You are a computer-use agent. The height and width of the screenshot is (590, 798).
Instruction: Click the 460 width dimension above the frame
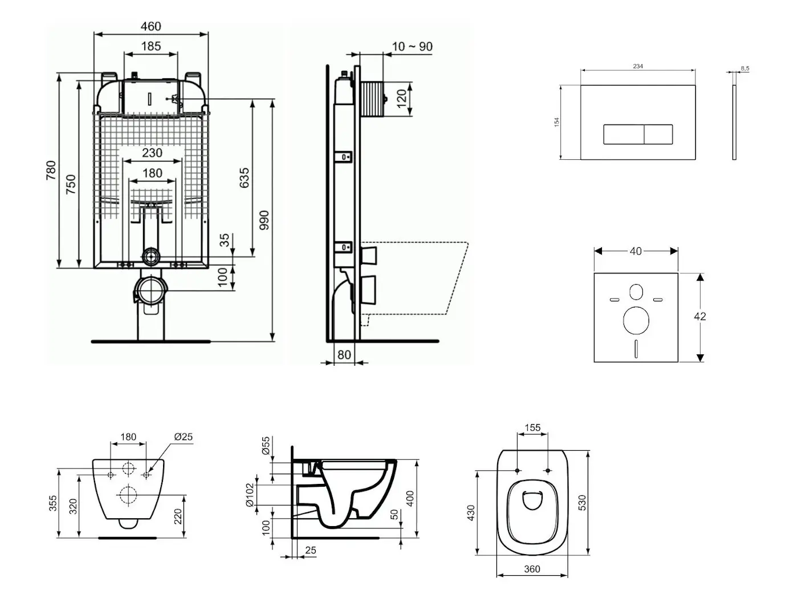pos(151,26)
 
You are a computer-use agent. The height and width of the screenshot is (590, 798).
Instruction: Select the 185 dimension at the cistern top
pos(151,46)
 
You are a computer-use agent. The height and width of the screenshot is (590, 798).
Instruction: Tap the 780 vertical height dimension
pos(51,171)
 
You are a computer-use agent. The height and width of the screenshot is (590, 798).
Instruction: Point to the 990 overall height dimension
pos(264,220)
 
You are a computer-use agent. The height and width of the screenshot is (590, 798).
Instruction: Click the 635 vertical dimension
pos(245,178)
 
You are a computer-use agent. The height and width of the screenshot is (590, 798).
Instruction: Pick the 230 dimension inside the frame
pos(152,153)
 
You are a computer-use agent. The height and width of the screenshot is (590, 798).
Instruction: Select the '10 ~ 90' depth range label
pos(413,47)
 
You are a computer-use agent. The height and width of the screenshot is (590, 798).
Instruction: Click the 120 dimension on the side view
pos(402,98)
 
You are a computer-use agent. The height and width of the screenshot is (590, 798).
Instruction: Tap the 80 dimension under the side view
pos(344,355)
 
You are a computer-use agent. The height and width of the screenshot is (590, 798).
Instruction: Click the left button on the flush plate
pos(624,134)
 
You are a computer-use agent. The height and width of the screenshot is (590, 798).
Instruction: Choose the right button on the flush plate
pos(658,134)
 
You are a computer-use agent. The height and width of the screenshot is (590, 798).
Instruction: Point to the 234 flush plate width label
pos(638,66)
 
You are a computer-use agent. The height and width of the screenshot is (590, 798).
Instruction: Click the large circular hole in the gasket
pos(636,320)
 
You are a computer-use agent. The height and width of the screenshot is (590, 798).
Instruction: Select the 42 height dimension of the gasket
pos(700,316)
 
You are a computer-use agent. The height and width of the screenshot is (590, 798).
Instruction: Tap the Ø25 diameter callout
pos(183,437)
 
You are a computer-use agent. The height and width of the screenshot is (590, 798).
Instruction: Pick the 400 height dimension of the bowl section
pos(410,498)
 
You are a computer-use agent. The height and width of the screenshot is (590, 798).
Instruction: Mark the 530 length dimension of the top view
pos(582,502)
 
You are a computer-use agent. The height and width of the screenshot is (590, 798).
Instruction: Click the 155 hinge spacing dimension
pos(532,427)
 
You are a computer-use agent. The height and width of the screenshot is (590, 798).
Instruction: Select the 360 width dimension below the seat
pos(532,569)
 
